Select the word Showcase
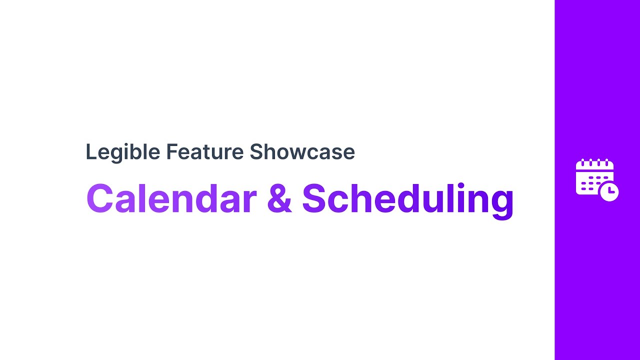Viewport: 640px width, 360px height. coord(302,152)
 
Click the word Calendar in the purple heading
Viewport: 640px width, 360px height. coord(171,198)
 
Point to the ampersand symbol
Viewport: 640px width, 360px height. coord(279,198)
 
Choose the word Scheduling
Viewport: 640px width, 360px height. coord(407,199)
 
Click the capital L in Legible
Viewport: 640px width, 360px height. coord(90,152)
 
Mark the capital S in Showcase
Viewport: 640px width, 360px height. coord(255,152)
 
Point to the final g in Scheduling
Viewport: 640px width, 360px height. coord(500,202)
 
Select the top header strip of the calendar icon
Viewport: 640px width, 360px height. coord(594,167)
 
